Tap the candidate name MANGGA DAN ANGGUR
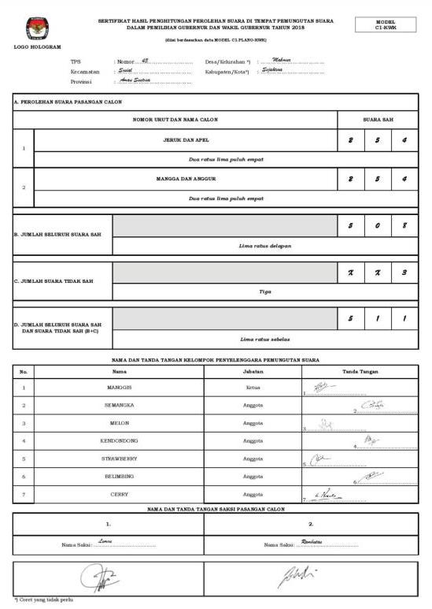point(186,179)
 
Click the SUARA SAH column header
point(378,120)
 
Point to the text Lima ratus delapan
point(264,246)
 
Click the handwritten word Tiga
point(264,292)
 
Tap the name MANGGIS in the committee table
point(119,388)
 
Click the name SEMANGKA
point(119,405)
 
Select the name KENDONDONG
point(119,440)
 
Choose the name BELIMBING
point(119,477)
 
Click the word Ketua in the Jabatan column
point(253,388)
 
